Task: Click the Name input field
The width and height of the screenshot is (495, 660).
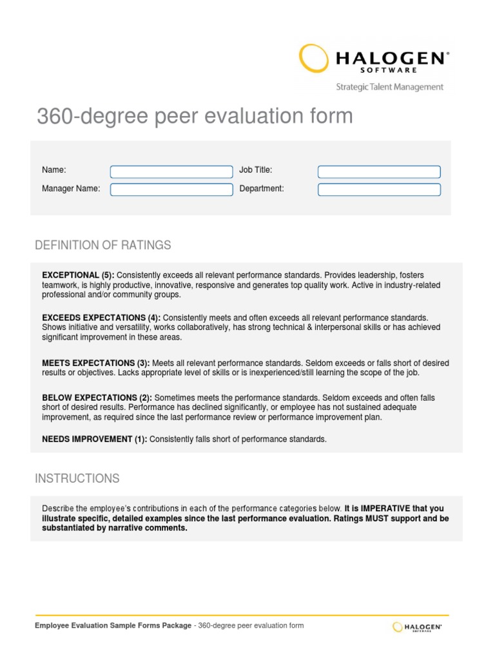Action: tap(171, 172)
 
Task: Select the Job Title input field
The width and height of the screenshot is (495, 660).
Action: tap(379, 172)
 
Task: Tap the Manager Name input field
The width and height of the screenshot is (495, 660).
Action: tap(171, 189)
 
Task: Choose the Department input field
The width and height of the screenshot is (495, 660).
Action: tap(379, 189)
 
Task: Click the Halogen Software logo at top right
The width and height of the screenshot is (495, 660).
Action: tap(374, 59)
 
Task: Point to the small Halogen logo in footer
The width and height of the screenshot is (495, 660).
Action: tap(417, 626)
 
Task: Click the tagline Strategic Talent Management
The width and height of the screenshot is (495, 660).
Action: tap(389, 87)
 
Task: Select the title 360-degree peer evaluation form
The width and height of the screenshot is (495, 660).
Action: tap(195, 117)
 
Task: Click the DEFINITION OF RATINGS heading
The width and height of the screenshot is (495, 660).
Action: tap(103, 245)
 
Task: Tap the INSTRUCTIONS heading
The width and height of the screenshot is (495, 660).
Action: tap(77, 478)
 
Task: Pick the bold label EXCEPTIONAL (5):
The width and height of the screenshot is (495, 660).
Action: tap(78, 275)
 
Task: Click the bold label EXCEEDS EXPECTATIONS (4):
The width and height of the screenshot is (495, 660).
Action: tap(101, 318)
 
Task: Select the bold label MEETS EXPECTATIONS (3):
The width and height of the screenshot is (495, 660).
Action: tap(96, 363)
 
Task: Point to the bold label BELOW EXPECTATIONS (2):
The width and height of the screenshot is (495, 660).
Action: tap(97, 398)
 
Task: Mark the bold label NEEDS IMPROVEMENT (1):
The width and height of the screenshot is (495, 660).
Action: tap(95, 440)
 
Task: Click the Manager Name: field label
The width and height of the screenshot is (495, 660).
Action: tap(71, 189)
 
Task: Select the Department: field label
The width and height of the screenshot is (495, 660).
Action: tap(262, 189)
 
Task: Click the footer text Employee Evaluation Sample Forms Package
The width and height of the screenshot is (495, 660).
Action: tap(113, 625)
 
